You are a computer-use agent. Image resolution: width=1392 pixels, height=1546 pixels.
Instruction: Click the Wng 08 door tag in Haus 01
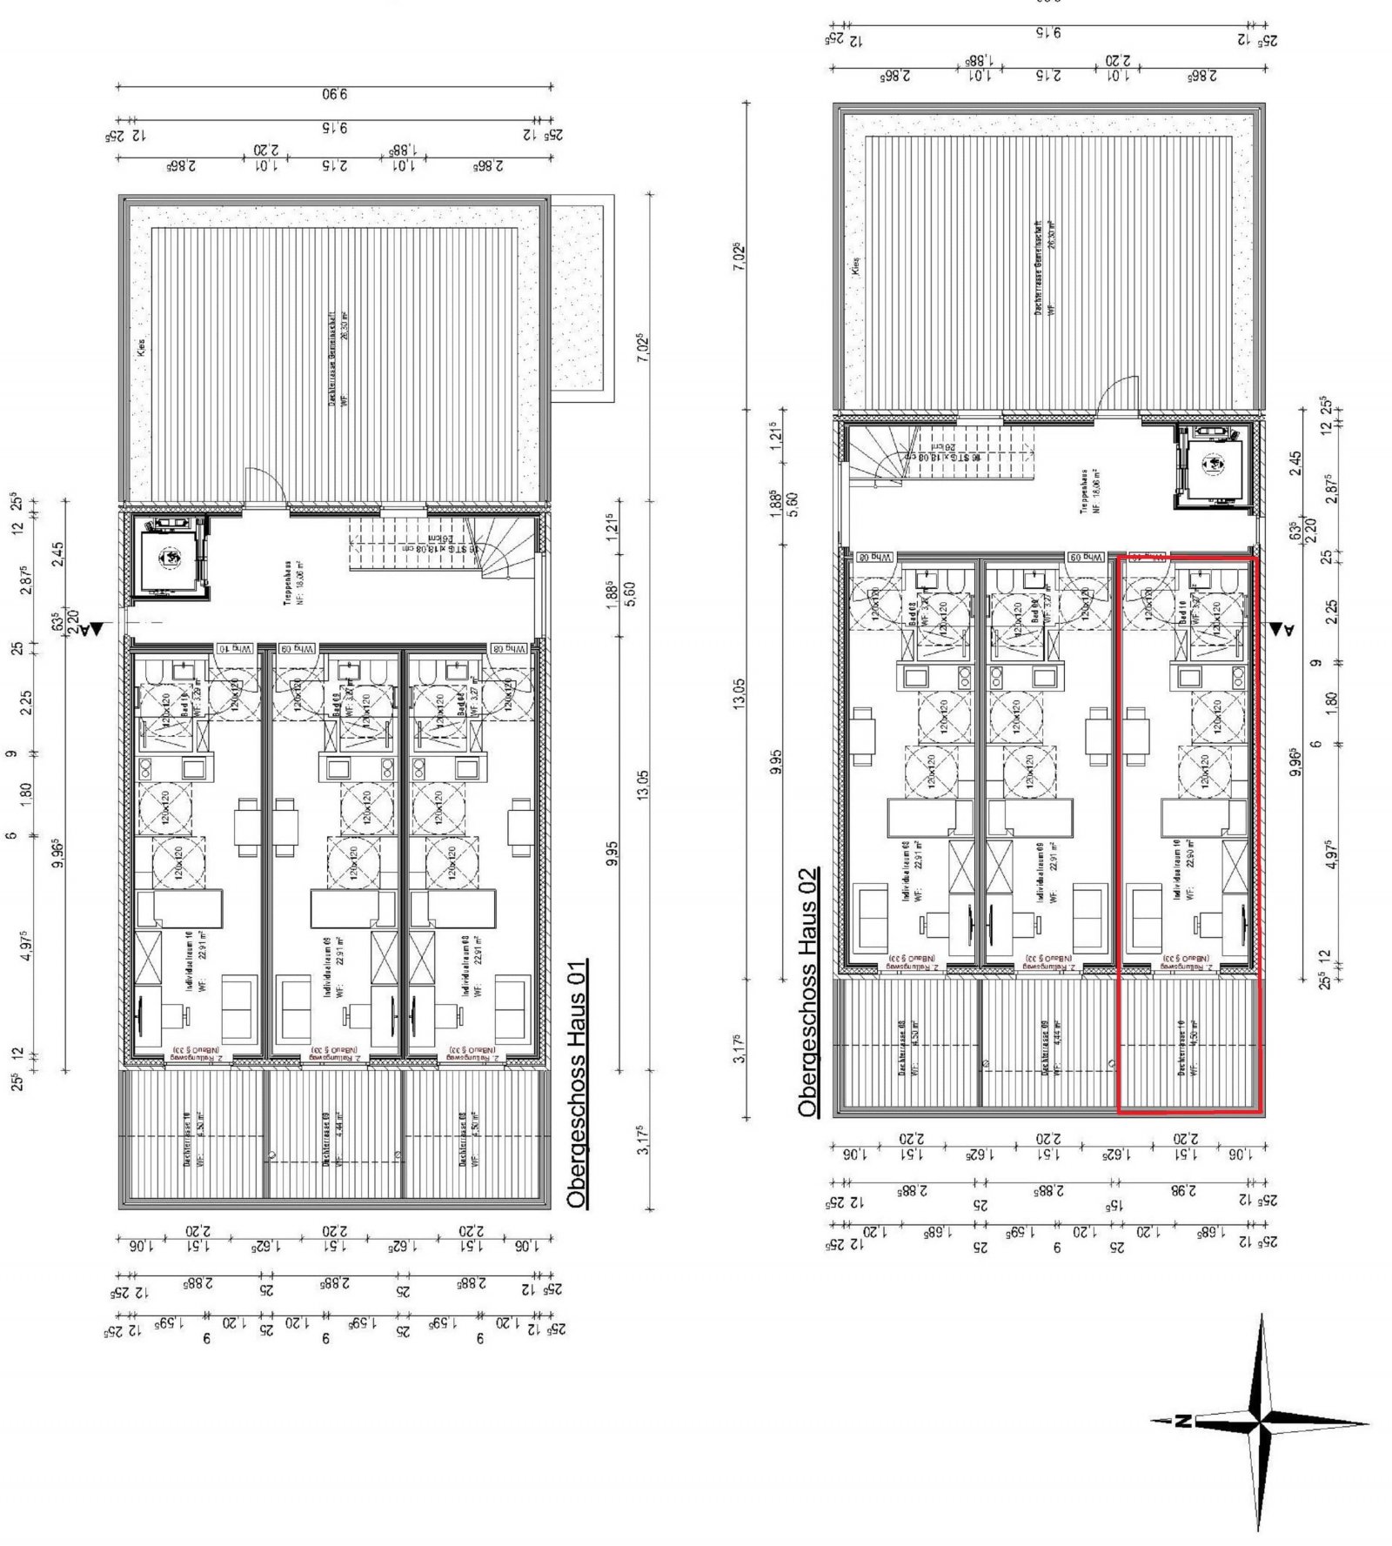(510, 648)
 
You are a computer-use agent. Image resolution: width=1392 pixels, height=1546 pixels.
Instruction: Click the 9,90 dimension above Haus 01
(334, 95)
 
